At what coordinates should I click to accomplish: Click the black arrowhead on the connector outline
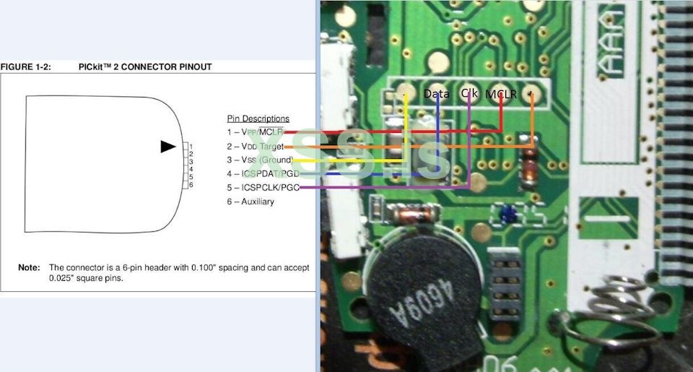(x=167, y=147)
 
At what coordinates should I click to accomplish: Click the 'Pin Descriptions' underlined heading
(x=258, y=118)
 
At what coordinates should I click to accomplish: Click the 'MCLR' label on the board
(x=501, y=95)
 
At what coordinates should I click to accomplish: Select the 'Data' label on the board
(x=436, y=93)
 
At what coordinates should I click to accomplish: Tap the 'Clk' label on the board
(x=469, y=93)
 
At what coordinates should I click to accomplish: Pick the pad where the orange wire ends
(x=533, y=95)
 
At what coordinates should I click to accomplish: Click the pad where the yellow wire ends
(x=405, y=95)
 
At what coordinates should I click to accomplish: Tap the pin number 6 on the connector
(x=191, y=185)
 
